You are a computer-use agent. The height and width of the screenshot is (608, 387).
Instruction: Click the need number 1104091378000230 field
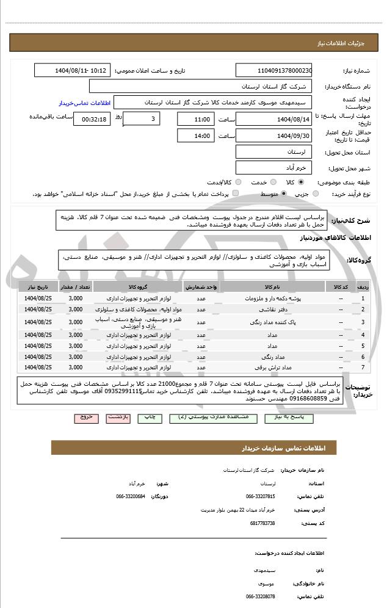tap(273, 71)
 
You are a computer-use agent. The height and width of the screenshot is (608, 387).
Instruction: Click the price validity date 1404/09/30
tap(273, 136)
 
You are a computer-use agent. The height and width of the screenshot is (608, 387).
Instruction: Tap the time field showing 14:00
tap(196, 136)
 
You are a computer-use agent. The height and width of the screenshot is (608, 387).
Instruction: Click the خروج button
tap(87, 418)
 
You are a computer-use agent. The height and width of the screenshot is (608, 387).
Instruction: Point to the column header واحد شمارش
tap(200, 286)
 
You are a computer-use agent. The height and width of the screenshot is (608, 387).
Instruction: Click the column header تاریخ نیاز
tap(39, 286)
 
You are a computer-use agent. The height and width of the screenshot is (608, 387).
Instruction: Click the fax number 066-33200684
tap(131, 496)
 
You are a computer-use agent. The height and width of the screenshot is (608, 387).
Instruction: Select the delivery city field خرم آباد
tap(273, 167)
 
